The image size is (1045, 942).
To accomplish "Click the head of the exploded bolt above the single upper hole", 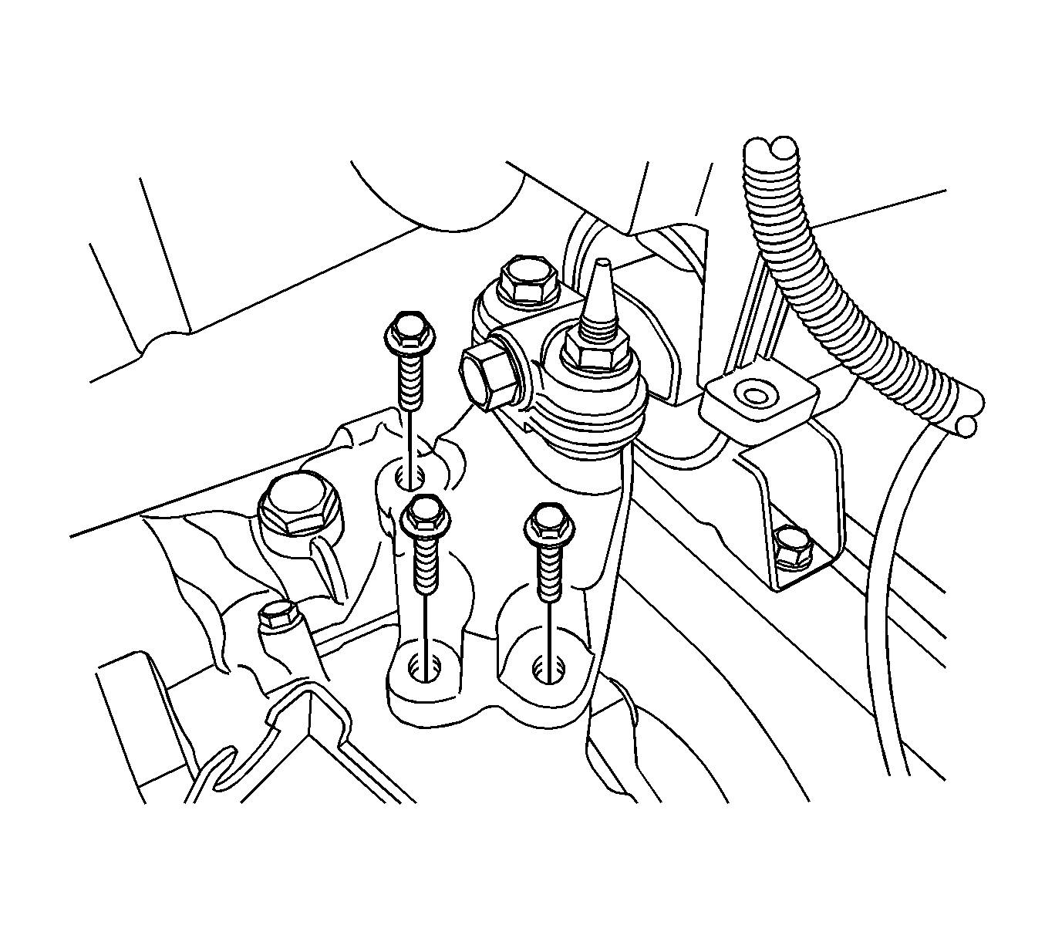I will [407, 333].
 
